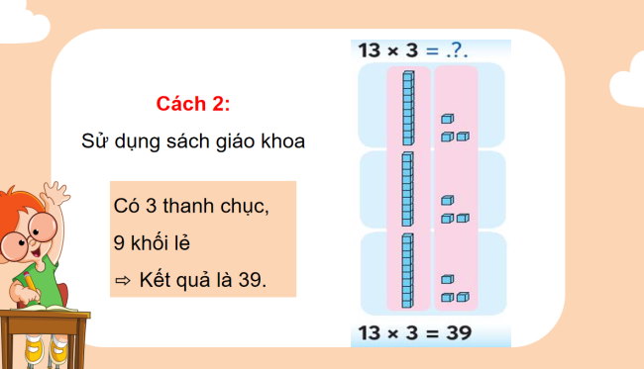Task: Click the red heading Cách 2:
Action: coord(193,104)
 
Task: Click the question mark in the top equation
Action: coord(453,50)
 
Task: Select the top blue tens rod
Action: coord(406,107)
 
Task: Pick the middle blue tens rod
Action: coord(406,189)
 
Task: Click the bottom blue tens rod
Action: coord(406,269)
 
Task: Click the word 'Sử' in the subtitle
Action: coord(94,140)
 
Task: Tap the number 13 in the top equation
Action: coord(370,50)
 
